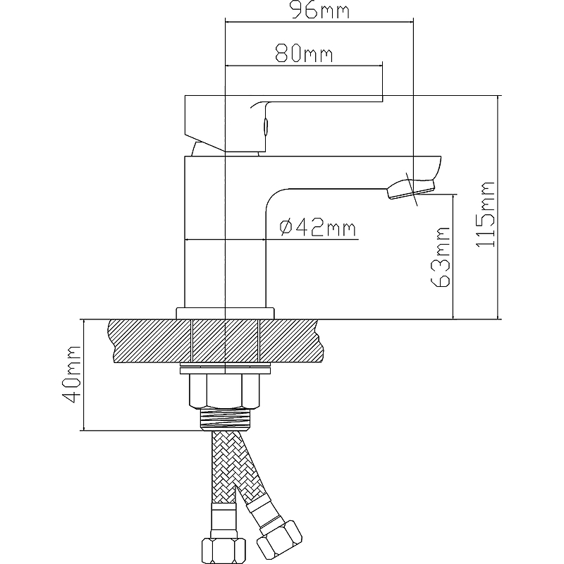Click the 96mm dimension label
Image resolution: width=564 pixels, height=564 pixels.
coord(320,10)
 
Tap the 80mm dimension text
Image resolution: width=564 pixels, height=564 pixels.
coord(304,54)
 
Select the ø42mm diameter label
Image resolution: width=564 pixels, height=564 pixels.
coord(318,228)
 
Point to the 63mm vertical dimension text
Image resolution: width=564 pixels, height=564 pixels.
coord(441,257)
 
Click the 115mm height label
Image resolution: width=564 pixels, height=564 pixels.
coord(485,214)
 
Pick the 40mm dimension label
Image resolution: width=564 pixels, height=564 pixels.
coord(71,374)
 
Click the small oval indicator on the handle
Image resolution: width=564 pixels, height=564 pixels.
coord(266,127)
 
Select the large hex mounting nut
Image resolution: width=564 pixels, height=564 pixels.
coord(224,391)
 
